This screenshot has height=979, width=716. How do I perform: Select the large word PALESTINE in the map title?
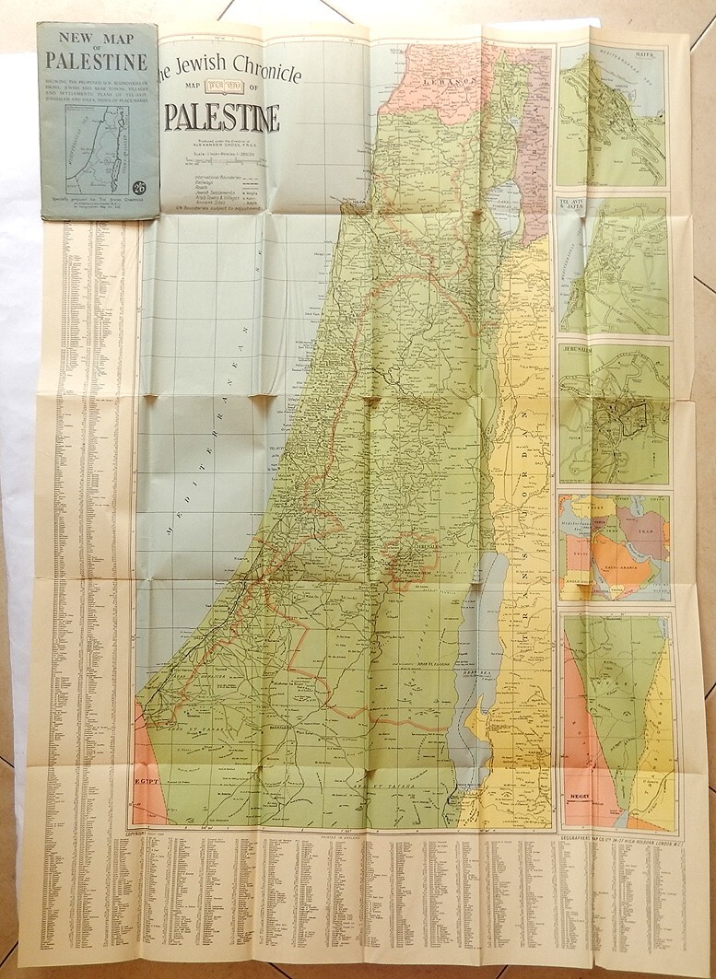click(x=222, y=118)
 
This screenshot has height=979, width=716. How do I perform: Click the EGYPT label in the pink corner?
click(x=149, y=781)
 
